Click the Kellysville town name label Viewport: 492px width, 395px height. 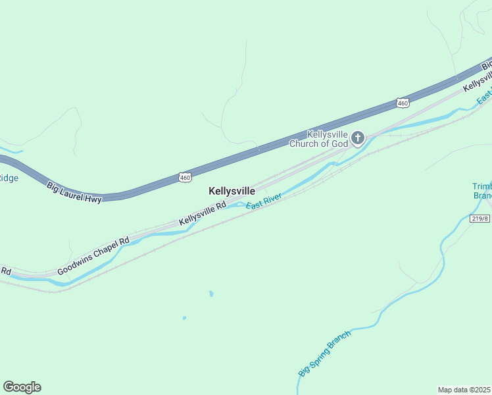click(232, 191)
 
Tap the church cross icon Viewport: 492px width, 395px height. click(358, 138)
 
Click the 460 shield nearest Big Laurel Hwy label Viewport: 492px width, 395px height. click(185, 177)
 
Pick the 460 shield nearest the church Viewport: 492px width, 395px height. click(403, 103)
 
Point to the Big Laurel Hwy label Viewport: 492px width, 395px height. click(74, 192)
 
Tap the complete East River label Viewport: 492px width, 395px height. click(264, 201)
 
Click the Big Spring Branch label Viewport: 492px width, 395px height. click(325, 353)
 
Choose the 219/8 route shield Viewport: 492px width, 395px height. click(480, 219)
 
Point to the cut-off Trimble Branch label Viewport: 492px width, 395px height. click(482, 191)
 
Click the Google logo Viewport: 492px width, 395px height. click(22, 387)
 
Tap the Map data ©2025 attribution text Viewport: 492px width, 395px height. click(464, 390)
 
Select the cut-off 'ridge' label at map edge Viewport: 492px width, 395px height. click(9, 178)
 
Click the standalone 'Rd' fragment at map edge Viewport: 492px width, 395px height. click(6, 271)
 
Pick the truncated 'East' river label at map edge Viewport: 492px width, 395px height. click(484, 97)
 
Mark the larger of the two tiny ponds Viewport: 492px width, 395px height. click(210, 294)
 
